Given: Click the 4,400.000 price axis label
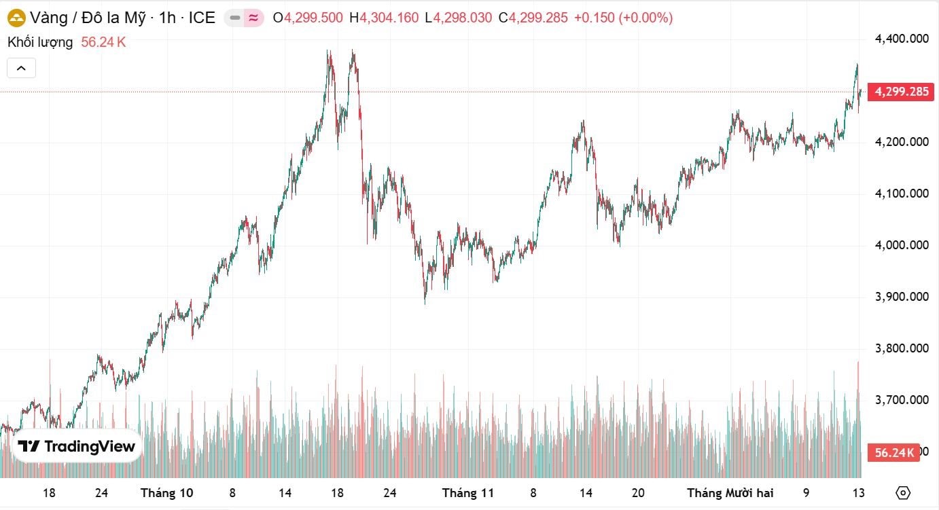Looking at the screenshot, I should click(x=902, y=39).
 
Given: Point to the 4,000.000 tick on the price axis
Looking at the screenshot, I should click(x=902, y=245).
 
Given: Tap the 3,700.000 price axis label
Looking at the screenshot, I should click(x=902, y=400).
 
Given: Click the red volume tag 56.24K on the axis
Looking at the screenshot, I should click(x=893, y=452).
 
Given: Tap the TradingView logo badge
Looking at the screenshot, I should click(x=77, y=446).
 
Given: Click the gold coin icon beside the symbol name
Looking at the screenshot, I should click(x=16, y=18).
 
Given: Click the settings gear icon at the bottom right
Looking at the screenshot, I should click(x=903, y=493).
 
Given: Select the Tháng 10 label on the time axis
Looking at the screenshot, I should click(x=166, y=493).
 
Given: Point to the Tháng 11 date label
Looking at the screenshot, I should click(x=467, y=493).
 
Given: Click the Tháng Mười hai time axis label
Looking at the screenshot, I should click(x=730, y=493).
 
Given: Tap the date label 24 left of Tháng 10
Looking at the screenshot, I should click(x=101, y=493).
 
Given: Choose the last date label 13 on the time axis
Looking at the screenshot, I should click(x=858, y=493).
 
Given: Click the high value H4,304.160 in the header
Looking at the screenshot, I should click(x=384, y=18).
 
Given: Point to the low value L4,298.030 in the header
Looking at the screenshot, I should click(x=458, y=18).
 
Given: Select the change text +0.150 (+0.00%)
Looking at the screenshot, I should click(x=623, y=18).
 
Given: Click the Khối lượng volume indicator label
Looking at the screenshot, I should click(x=40, y=42).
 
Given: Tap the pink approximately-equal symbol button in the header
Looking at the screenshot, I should click(x=253, y=18).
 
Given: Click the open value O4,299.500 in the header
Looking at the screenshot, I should click(x=308, y=18).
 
